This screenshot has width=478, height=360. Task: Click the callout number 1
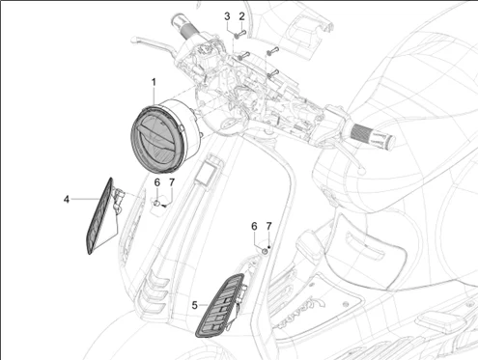point(154,82)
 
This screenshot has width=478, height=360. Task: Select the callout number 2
point(241,16)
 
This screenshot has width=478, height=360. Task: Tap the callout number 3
point(227,16)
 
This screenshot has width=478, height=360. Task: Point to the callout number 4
point(67,200)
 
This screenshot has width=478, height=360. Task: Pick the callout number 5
point(194,305)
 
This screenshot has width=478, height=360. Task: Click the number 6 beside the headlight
point(157,182)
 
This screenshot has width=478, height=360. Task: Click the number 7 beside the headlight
point(172,182)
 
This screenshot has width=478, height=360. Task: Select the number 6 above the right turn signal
point(254,226)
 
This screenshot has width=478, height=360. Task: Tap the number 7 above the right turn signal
point(268,226)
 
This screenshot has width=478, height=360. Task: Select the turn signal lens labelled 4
point(99,216)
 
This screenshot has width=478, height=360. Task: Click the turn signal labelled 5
point(219,306)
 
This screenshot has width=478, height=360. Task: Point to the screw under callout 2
point(243,32)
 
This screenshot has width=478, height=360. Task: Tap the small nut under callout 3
point(237,36)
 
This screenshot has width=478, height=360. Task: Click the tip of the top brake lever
point(133,40)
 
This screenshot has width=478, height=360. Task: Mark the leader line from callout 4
point(85,200)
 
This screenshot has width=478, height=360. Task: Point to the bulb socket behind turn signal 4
point(118,197)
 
